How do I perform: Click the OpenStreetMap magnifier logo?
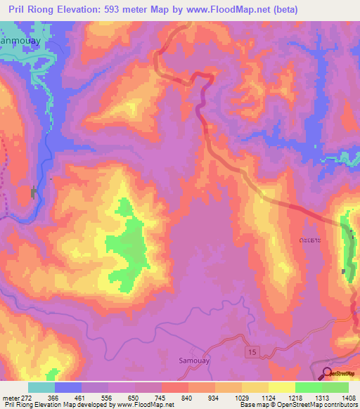tap(327, 373)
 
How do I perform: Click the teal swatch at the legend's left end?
tap(41, 387)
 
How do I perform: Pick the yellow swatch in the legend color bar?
tap(282, 387)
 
